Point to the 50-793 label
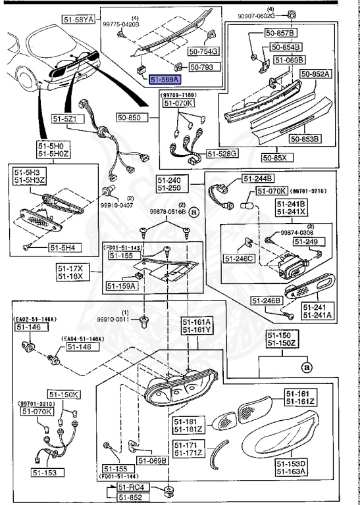tap(201, 66)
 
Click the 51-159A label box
tap(120, 286)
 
